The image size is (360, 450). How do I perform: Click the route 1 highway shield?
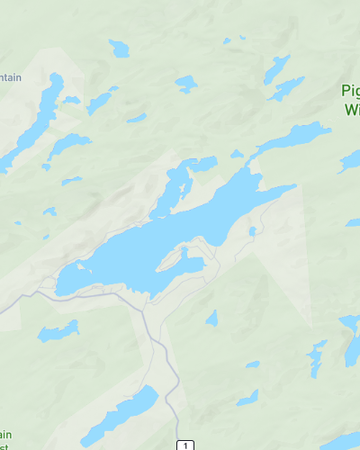click(x=184, y=444)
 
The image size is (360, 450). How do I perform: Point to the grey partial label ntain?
click(x=11, y=77)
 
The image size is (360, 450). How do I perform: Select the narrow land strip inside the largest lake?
click(x=172, y=261)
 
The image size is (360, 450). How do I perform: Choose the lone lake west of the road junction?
click(x=58, y=331)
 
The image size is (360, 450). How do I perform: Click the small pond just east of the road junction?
click(x=212, y=318)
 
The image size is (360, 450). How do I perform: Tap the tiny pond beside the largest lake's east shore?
click(x=253, y=231)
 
